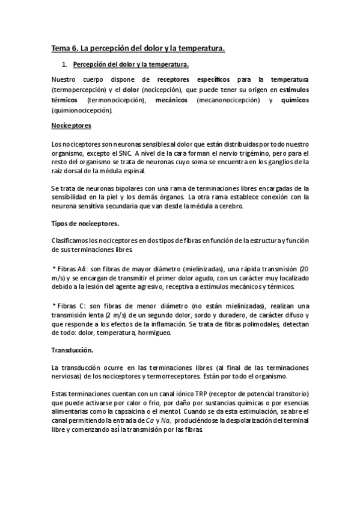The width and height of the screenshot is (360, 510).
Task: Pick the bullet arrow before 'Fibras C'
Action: (x=54, y=306)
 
